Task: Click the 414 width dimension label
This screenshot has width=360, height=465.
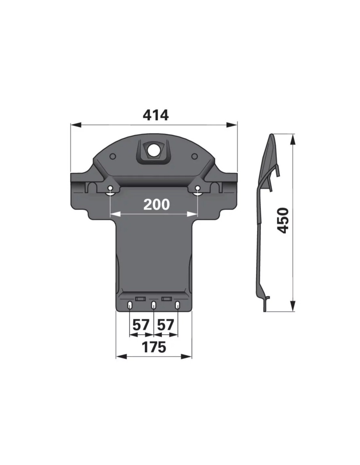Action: (156, 115)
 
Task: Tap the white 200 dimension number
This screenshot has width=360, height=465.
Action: (156, 205)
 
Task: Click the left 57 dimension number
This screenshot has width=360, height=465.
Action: (140, 325)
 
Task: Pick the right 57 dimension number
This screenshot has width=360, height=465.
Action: (166, 325)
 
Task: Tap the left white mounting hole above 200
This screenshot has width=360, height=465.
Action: (111, 188)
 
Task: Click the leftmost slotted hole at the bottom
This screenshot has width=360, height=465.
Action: (130, 305)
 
